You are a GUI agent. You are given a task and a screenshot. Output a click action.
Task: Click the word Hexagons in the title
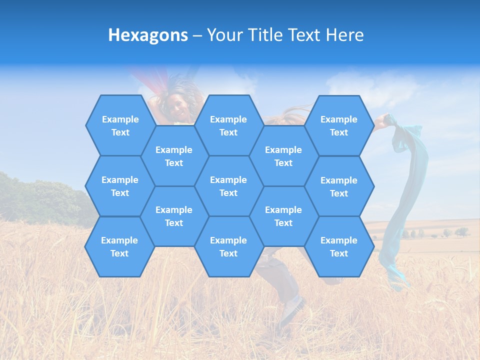tap(148, 35)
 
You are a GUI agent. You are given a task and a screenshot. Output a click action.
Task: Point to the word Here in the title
tap(344, 35)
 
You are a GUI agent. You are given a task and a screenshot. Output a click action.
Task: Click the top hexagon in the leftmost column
tap(120, 125)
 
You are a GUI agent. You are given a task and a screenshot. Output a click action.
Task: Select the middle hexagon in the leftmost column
tap(120, 186)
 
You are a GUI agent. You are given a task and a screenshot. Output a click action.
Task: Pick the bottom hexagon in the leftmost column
tap(119, 246)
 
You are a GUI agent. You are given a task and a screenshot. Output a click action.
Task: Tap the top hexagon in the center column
tap(228, 125)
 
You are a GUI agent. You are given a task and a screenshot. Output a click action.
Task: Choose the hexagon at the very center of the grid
tap(228, 186)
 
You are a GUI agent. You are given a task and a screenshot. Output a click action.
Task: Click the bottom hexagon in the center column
tap(228, 246)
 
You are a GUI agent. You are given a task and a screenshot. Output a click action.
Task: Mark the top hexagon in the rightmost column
tap(339, 125)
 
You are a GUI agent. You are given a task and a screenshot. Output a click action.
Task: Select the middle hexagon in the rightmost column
tap(339, 186)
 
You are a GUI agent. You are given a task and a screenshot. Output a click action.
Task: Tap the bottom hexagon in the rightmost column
tap(339, 246)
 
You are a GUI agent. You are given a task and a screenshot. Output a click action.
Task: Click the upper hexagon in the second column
tap(174, 156)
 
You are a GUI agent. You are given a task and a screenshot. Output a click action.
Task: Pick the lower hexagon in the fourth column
tap(283, 216)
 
